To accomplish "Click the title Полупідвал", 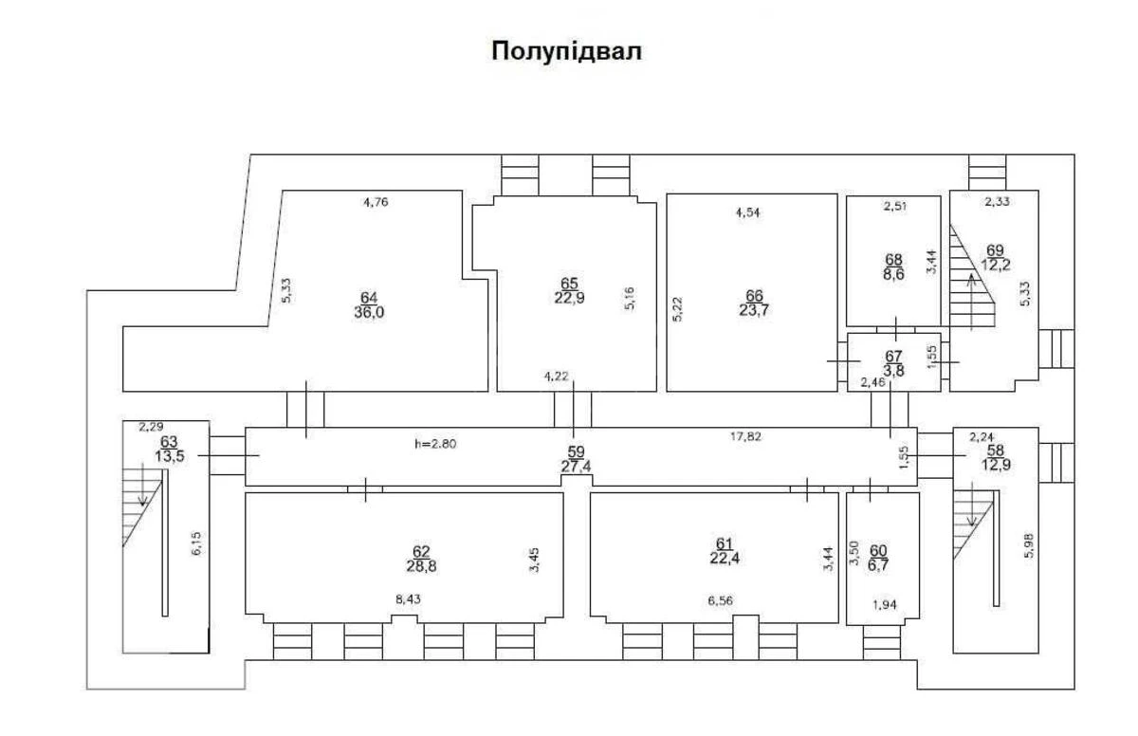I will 566,51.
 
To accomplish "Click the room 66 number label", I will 754,294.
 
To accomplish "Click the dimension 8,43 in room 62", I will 410,599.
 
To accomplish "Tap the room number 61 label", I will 725,543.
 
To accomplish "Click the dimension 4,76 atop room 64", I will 376,201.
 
